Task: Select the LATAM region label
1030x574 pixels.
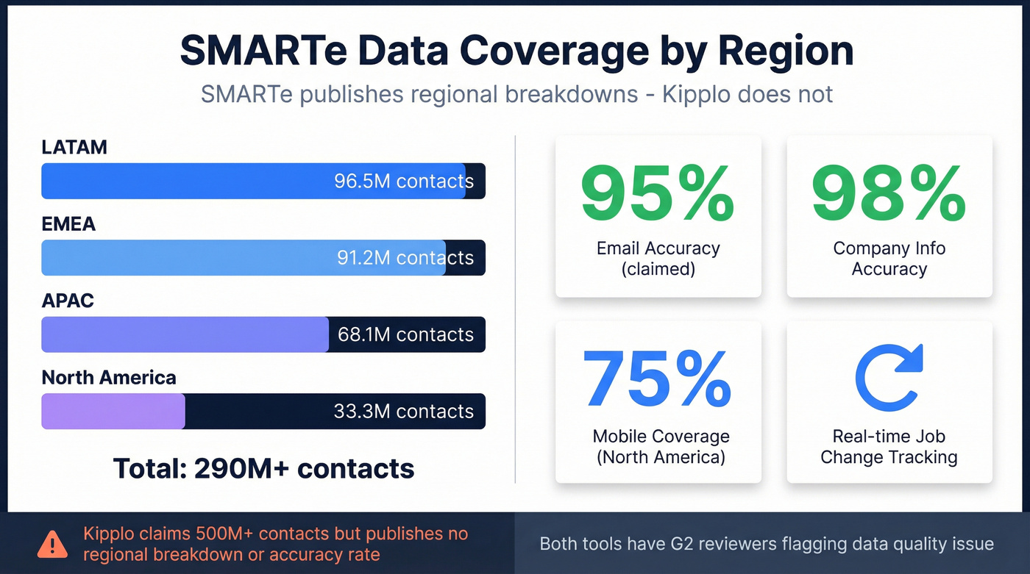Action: pos(74,147)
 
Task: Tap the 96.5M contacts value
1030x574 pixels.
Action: pos(403,182)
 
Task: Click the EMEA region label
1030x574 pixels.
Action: pos(68,224)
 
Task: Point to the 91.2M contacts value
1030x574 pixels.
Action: pos(405,258)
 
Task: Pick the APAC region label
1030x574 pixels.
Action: pos(68,301)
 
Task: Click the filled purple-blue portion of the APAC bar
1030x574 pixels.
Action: pos(184,334)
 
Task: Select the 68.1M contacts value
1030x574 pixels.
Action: pos(405,334)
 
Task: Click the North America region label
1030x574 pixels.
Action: pos(109,378)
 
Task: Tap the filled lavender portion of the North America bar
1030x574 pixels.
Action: pos(113,411)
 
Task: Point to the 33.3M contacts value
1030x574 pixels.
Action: pos(403,411)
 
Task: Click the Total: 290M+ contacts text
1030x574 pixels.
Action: pos(263,468)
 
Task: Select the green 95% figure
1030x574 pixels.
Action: pos(657,194)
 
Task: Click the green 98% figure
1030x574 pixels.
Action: pos(888,194)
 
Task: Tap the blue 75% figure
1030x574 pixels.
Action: pos(657,379)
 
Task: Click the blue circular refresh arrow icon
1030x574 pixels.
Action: pos(889,378)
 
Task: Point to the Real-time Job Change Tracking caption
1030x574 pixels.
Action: pos(889,447)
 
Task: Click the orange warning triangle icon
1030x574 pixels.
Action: pos(52,544)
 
